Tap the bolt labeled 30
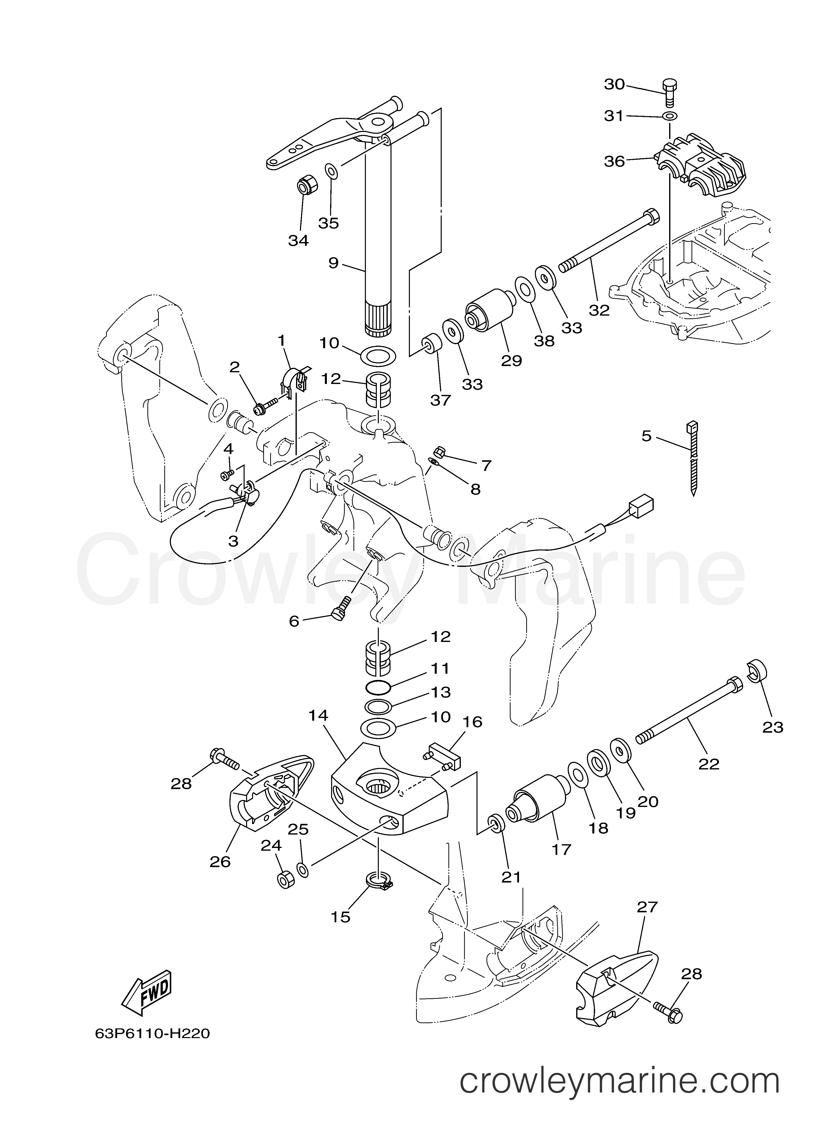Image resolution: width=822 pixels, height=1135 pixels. point(669,91)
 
